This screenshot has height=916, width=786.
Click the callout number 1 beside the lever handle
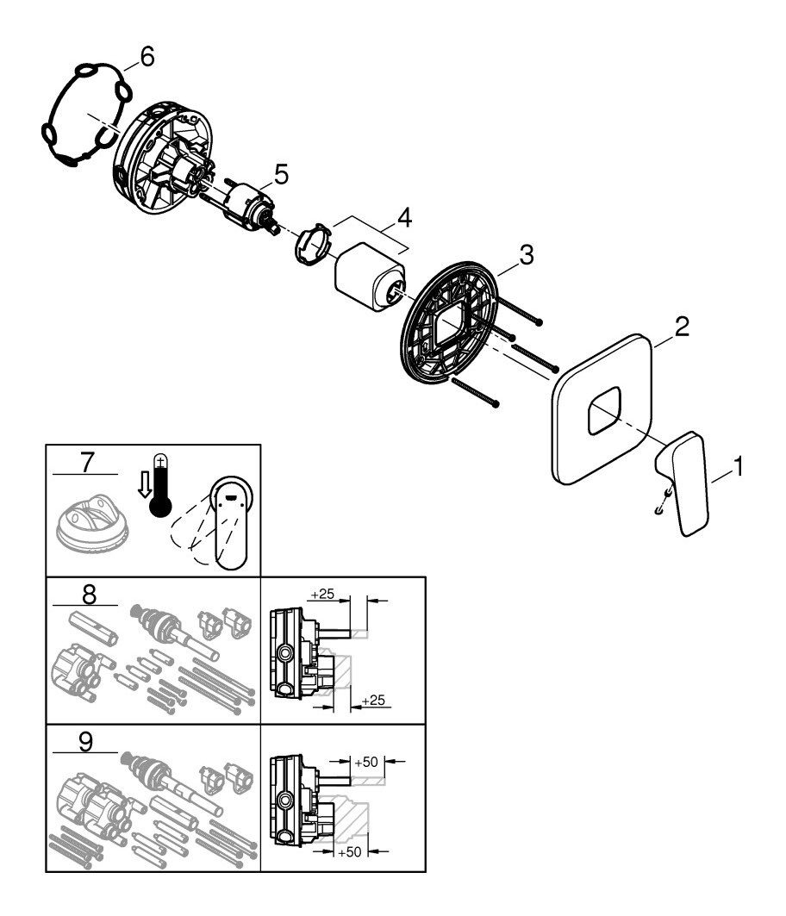pos(738,467)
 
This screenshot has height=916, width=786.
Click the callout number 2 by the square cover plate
pos(682,327)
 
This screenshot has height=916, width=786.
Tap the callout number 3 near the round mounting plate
pos(527,255)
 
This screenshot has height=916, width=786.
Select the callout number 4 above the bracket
pos(404,218)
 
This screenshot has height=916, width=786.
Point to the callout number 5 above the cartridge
pos(282,174)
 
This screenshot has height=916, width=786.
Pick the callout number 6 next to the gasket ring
pos(147,57)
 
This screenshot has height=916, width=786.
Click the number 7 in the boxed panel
pos(86,463)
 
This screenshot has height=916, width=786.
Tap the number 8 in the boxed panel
pos(88,595)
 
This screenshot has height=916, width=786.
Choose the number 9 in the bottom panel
pos(85,742)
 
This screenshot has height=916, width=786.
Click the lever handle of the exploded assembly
pos(683,481)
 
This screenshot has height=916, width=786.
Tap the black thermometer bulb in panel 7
pos(160,505)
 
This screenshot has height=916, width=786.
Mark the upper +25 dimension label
pos(322,594)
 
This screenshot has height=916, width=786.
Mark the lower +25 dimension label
pos(373,700)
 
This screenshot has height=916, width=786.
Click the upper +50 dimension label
pos(366,762)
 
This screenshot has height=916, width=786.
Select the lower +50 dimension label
pos(349,852)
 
